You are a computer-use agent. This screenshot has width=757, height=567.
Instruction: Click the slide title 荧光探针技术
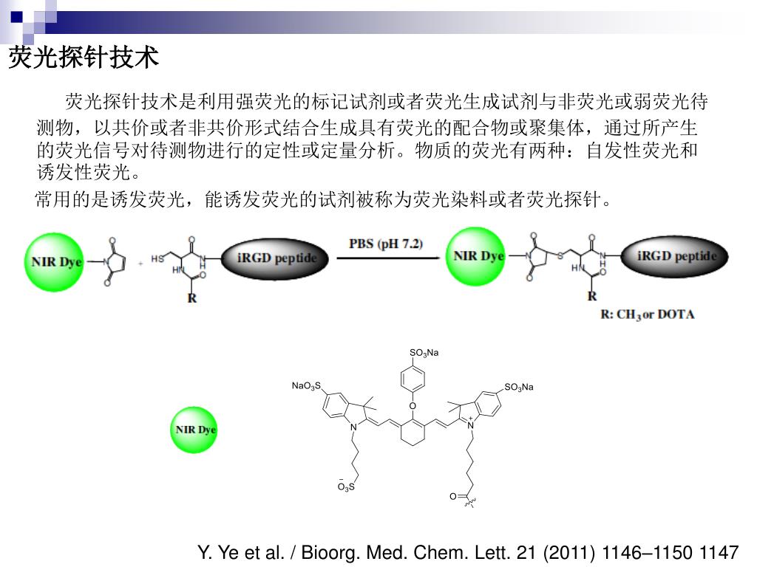(x=84, y=58)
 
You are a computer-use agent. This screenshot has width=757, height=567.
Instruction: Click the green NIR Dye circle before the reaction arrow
(x=57, y=261)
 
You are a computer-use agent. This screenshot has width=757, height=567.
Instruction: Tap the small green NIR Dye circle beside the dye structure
(x=194, y=430)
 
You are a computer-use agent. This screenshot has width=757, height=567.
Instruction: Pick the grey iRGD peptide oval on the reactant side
(x=276, y=258)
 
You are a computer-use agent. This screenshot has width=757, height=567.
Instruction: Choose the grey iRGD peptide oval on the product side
(x=676, y=255)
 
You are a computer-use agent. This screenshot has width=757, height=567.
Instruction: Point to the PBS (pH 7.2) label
(x=386, y=243)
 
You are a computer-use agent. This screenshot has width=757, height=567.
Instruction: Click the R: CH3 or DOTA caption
(x=648, y=315)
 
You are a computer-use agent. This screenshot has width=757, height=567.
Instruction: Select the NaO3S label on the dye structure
(x=306, y=386)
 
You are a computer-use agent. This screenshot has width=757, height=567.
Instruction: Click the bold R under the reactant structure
(x=192, y=299)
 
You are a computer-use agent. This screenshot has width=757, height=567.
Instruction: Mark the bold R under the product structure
(x=592, y=296)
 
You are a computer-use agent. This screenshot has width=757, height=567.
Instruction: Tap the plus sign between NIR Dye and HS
(x=141, y=262)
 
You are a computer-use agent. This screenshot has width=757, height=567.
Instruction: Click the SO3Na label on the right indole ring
(x=518, y=388)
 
